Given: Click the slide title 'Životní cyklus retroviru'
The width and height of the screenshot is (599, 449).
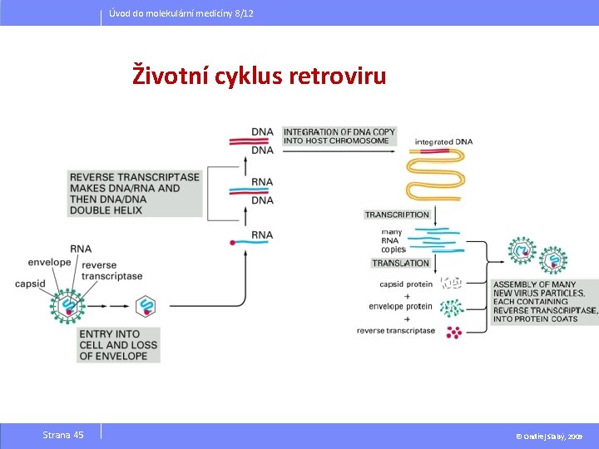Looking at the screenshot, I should point(260,76).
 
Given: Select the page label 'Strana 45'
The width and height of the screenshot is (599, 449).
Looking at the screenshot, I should point(63,435).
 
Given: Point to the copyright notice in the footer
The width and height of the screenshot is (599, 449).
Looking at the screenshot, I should point(548,436).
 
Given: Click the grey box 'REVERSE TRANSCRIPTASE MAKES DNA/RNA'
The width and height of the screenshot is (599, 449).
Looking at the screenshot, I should point(135,194).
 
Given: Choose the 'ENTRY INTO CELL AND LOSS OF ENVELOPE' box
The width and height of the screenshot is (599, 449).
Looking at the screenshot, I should point(117,345).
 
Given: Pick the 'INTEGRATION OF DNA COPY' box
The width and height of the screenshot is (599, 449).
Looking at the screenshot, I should point(339,136).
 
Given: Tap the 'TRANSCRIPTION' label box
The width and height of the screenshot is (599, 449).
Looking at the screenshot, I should point(397,215).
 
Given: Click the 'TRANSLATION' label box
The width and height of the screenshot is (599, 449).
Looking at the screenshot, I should point(400,263).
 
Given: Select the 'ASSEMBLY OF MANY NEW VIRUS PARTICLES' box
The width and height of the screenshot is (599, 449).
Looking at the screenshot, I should point(545,301).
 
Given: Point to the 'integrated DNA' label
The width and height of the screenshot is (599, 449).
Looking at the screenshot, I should point(443,141).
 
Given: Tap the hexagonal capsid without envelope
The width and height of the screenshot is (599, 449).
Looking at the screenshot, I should point(146,305).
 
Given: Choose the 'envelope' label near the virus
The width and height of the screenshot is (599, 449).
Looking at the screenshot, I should point(49,262).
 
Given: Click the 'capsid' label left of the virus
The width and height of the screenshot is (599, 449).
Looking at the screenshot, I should point(30,284).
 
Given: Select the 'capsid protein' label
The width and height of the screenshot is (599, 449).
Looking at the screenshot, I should point(406,284).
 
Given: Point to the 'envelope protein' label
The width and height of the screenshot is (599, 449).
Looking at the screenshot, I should point(401,306).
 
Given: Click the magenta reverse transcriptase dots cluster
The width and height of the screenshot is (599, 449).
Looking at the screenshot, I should point(453,332).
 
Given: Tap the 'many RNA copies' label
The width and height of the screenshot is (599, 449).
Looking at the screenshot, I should point(393,240).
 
